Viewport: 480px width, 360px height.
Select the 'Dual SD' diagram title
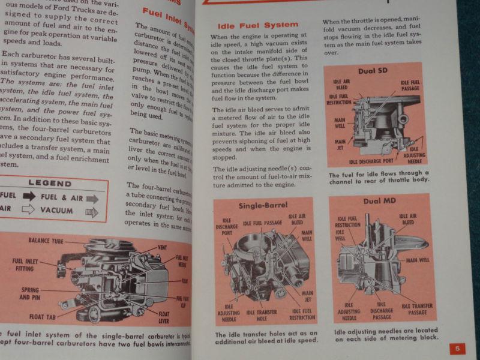pyautogui.click(x=373, y=71)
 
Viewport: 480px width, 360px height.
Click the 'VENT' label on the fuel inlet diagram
pyautogui.click(x=162, y=247)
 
